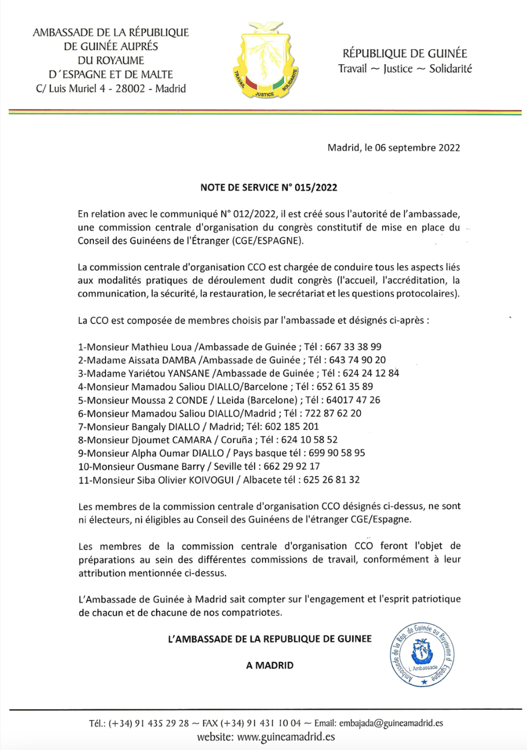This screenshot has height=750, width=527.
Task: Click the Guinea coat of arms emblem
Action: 265,60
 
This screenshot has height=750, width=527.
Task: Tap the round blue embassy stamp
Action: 422,655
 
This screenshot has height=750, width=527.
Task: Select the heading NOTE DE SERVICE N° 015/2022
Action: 269,187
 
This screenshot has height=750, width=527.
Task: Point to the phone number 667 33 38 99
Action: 353,347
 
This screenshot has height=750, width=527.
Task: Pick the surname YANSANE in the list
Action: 189,373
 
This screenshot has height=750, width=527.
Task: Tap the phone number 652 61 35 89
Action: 345,387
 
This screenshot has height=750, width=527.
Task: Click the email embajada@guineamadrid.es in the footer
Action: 391,723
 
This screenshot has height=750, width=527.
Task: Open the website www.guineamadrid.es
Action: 286,737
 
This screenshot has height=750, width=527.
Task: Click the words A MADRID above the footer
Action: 270,665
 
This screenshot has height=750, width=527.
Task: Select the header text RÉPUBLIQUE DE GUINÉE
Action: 405,54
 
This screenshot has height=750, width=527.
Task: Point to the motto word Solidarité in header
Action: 451,69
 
